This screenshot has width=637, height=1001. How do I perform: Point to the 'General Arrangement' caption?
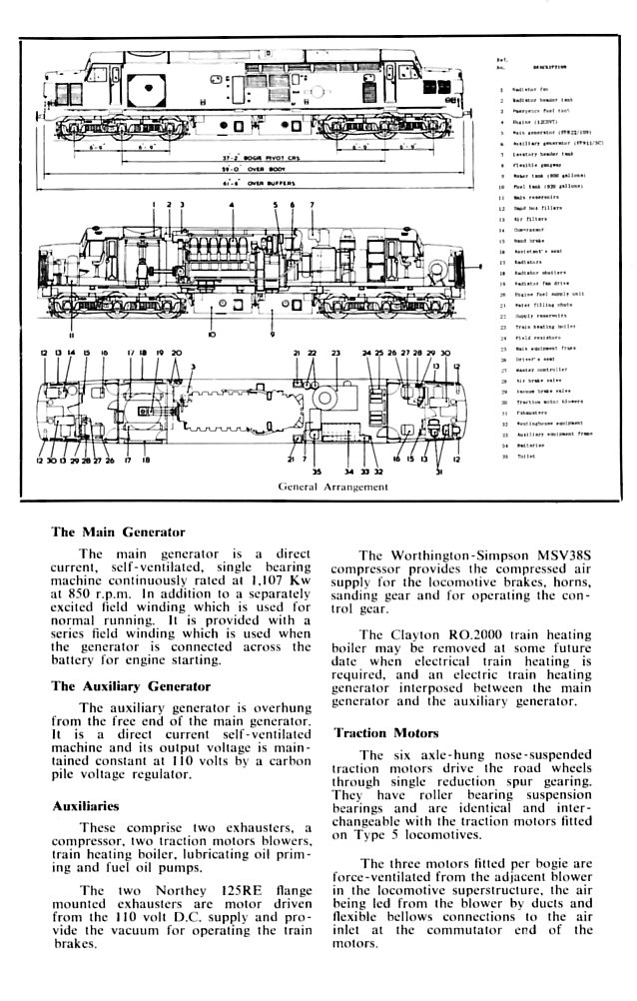[x=333, y=487]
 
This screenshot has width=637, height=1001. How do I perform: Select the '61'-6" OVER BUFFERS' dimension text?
[x=249, y=187]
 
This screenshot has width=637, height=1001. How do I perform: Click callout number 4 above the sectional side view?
[x=231, y=204]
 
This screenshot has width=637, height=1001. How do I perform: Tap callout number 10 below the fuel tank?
[x=211, y=336]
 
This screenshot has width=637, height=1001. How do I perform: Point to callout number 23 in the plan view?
[x=336, y=354]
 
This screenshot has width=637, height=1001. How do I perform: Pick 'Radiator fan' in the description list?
[x=530, y=89]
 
